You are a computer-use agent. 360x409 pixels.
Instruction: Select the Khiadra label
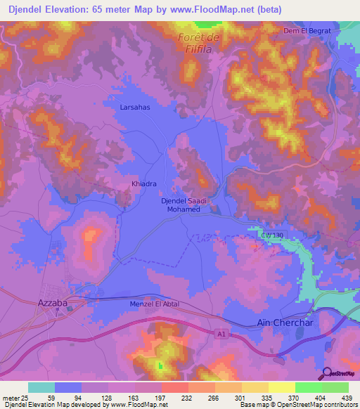pos(143,184)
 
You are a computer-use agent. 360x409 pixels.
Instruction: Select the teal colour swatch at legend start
pos(41,387)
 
